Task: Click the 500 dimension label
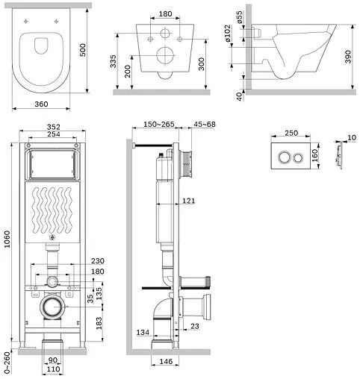[x=83, y=50]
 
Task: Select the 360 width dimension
[x=41, y=104]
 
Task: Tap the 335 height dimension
[x=113, y=61]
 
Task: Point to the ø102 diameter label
[x=227, y=33]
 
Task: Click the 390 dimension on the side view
[x=348, y=57]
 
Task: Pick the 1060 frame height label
[x=7, y=239]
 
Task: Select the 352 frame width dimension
[x=54, y=127]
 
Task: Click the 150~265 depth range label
[x=159, y=124]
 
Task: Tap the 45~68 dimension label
[x=205, y=124]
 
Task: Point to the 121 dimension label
[x=188, y=201]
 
